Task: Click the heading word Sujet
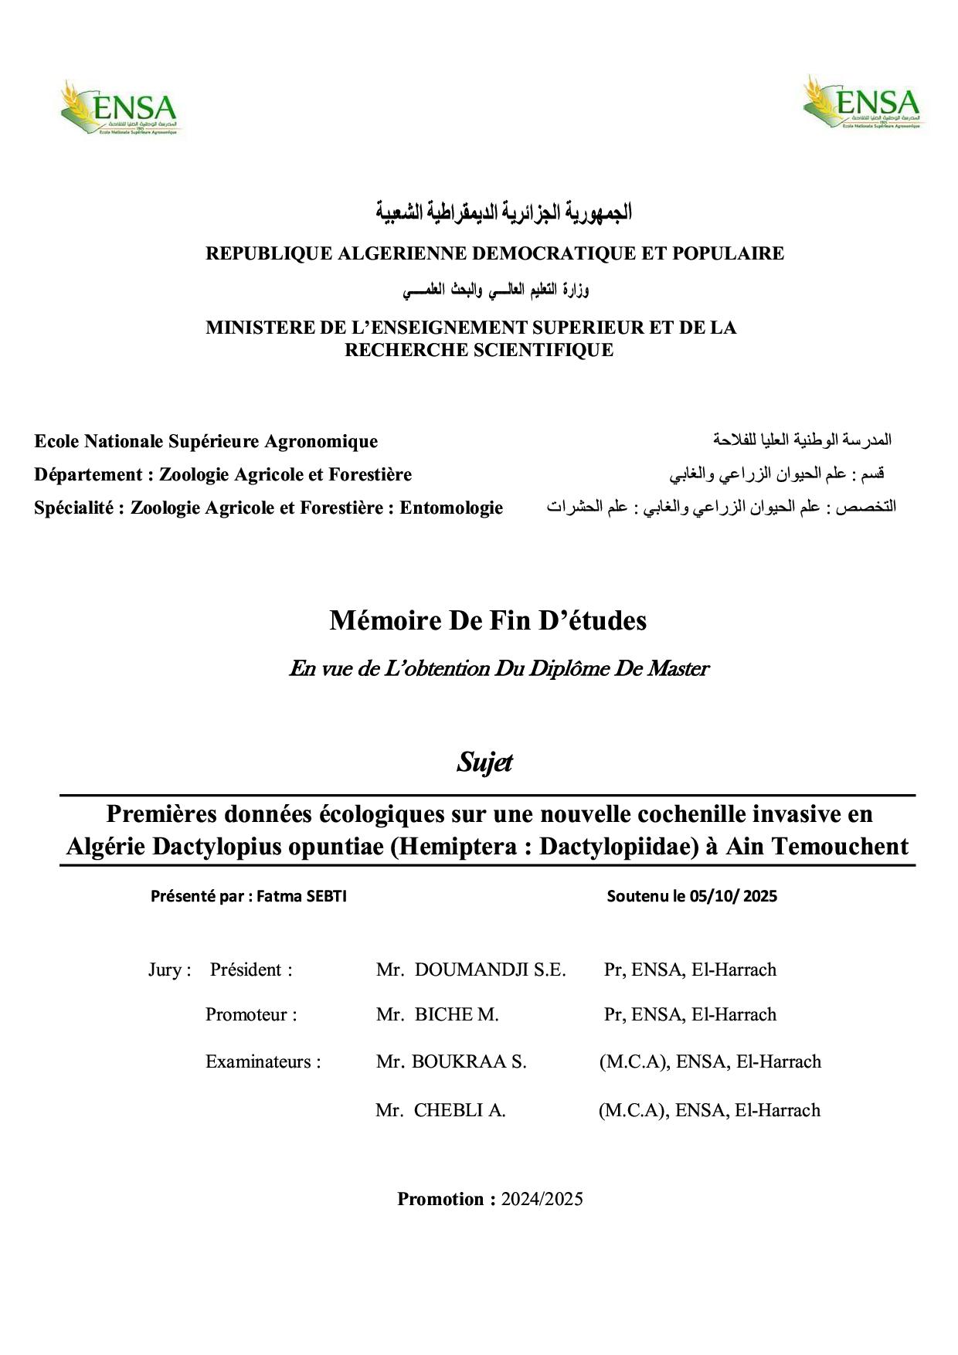[x=484, y=762]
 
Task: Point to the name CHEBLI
[x=450, y=1110]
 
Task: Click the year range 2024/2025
[x=542, y=1199]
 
